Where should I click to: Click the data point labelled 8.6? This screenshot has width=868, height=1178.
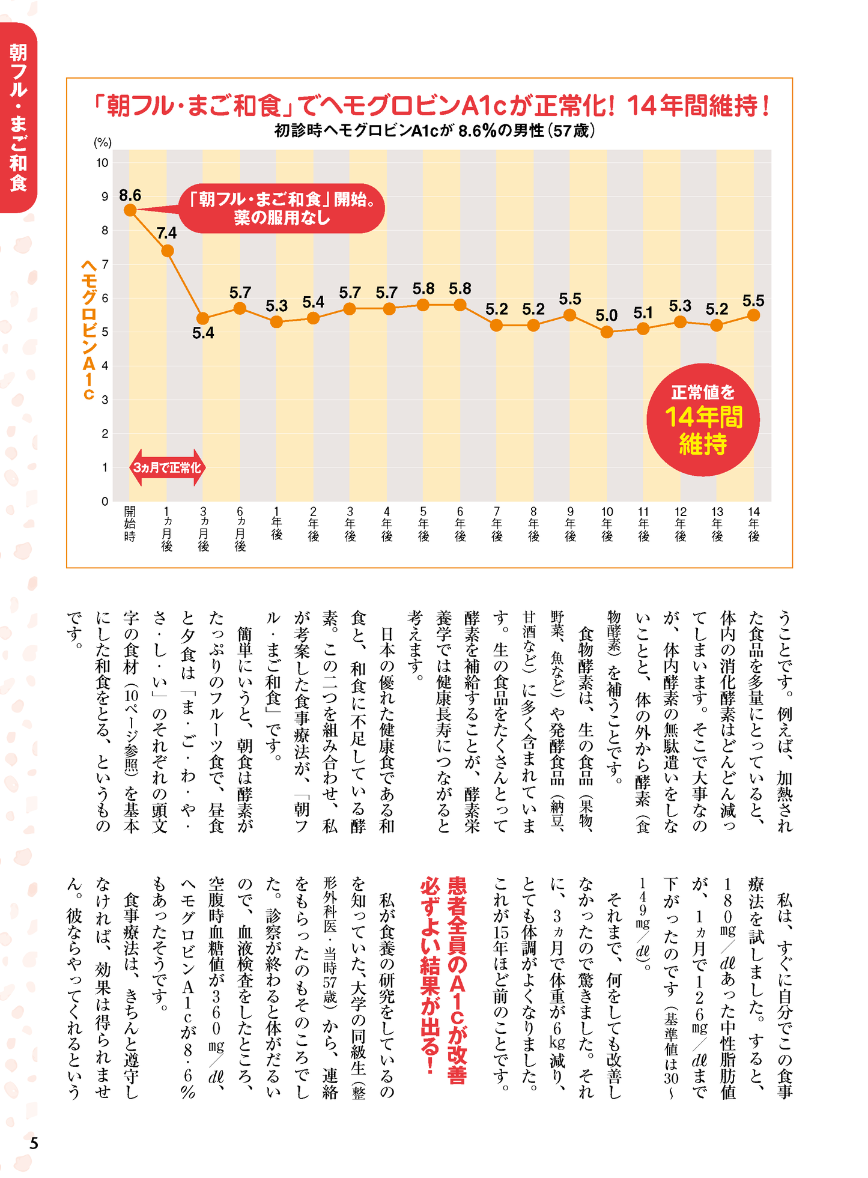130,210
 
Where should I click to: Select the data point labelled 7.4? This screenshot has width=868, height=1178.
168,250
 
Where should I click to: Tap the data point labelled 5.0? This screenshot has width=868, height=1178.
607,332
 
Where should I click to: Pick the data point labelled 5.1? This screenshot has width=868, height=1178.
643,329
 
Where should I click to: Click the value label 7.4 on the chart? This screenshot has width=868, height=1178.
166,233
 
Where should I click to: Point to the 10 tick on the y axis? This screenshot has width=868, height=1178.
103,163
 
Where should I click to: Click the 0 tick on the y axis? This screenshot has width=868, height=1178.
105,501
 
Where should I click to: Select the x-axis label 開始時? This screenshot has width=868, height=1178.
130,523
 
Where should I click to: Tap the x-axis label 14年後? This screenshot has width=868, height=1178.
754,523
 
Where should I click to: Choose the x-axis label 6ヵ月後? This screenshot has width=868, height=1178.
240,528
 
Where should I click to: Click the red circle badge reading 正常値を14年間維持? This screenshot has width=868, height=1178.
703,419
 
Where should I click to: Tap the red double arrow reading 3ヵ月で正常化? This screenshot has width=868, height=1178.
167,467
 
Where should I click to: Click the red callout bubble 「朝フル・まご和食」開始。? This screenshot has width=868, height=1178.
282,208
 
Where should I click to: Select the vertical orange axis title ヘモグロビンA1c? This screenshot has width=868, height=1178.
89,329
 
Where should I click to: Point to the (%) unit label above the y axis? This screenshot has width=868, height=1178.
102,142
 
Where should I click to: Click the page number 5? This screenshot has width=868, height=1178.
34,1143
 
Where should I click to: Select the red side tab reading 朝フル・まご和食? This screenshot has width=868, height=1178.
19,117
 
